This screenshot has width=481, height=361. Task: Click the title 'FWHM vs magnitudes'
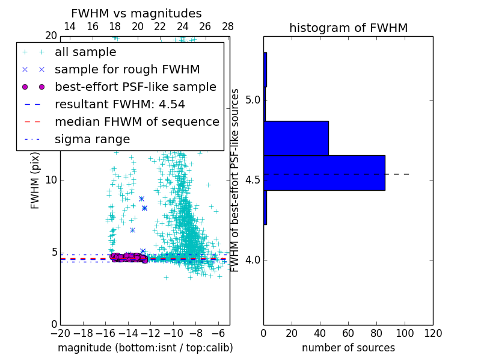[x=136, y=13]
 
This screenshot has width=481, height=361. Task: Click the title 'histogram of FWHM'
[x=348, y=28]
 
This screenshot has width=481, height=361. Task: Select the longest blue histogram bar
[x=324, y=173]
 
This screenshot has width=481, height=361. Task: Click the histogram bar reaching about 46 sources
[x=296, y=138]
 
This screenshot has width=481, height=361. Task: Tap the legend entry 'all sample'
[x=85, y=52]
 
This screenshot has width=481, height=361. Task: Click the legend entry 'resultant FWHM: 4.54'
[x=120, y=104]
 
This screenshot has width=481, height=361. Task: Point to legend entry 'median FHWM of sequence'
[x=136, y=122]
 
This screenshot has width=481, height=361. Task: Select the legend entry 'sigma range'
[x=92, y=139]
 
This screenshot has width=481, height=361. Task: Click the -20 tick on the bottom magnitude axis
[x=60, y=333]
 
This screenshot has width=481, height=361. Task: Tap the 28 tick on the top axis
[x=227, y=26]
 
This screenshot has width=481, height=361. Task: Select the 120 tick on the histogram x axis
[x=433, y=333]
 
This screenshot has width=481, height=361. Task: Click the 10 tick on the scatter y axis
[x=51, y=180]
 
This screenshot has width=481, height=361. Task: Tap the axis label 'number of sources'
[x=348, y=348]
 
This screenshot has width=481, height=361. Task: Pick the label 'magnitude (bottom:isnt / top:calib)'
[x=145, y=348]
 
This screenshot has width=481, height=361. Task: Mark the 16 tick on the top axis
[x=93, y=26]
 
